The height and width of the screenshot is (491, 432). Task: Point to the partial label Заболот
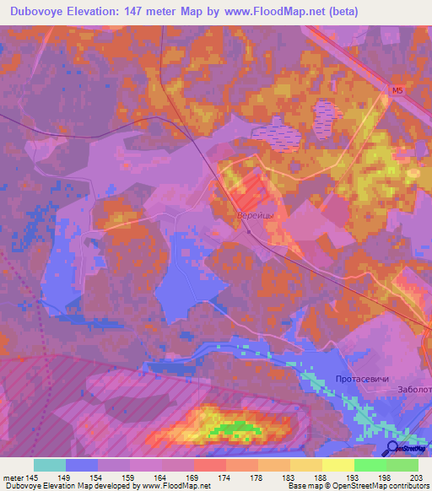click(413, 390)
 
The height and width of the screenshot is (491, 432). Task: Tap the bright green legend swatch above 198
click(370, 465)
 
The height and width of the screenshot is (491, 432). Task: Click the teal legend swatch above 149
click(50, 465)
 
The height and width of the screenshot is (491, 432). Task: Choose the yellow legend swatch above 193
click(338, 465)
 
